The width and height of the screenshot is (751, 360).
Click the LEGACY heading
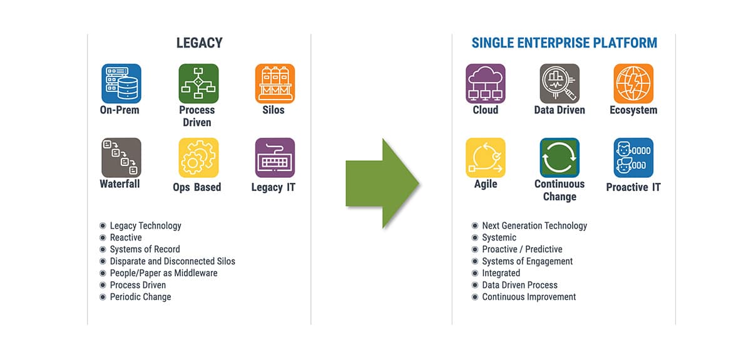point(200,43)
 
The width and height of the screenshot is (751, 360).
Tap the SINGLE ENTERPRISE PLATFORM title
point(565,43)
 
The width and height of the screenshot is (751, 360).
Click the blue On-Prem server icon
point(121,83)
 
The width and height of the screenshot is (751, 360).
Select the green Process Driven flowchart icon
point(198,83)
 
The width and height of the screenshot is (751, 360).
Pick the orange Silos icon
point(275,83)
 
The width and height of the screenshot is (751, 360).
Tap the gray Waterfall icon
point(121,157)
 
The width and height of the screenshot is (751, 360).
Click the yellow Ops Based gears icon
point(198,157)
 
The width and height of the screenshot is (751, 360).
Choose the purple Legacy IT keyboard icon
point(275,157)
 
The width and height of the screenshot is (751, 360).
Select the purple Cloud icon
point(486,83)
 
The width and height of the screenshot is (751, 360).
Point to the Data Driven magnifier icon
point(559,83)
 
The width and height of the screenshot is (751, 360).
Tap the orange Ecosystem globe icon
point(633,83)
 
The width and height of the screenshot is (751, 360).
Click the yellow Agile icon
point(486,157)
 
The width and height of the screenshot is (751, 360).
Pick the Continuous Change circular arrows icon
point(559,157)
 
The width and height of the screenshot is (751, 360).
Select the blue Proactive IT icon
point(633,157)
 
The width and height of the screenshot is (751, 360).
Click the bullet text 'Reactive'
point(126,237)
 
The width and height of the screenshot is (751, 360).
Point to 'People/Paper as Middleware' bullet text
point(163,273)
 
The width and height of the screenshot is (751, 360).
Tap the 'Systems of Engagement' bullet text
point(528,261)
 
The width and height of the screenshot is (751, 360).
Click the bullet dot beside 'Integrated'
point(475,273)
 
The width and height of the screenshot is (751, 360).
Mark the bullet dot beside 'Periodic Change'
point(103,297)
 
